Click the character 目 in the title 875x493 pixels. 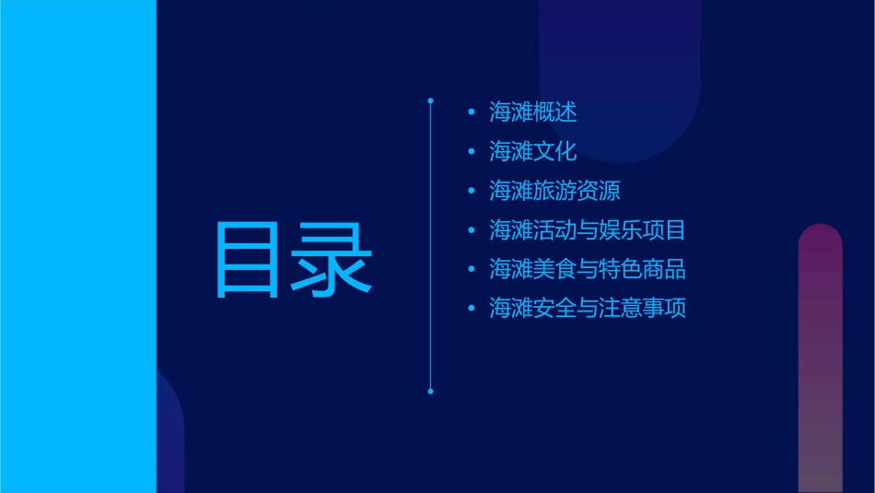click(246, 259)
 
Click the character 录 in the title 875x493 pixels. click(332, 259)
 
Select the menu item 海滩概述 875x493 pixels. click(533, 112)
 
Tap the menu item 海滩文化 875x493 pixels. click(533, 151)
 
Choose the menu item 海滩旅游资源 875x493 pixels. click(554, 191)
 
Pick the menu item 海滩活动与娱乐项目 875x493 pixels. click(587, 229)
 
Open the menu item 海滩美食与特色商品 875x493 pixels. click(587, 269)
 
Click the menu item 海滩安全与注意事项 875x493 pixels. click(587, 308)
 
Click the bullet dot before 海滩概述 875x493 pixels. click(472, 113)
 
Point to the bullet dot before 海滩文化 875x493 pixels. click(472, 152)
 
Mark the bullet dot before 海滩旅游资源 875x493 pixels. click(472, 192)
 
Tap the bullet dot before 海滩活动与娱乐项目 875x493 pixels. click(472, 230)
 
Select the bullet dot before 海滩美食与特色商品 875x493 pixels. click(472, 270)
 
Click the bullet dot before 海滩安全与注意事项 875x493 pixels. click(472, 309)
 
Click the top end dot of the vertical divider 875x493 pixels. click(430, 99)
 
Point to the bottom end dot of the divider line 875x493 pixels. click(430, 392)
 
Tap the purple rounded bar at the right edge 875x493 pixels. click(820, 359)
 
